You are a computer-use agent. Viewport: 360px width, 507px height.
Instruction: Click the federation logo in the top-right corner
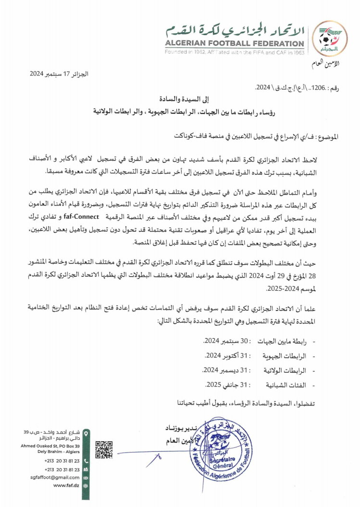click(330, 39)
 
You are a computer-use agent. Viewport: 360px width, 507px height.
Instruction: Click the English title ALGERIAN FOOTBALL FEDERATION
click(235, 44)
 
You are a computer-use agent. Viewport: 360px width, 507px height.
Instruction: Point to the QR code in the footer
click(103, 450)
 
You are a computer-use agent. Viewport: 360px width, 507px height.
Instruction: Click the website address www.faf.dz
click(66, 485)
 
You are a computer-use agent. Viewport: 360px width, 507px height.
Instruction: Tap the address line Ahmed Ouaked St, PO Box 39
click(50, 445)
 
